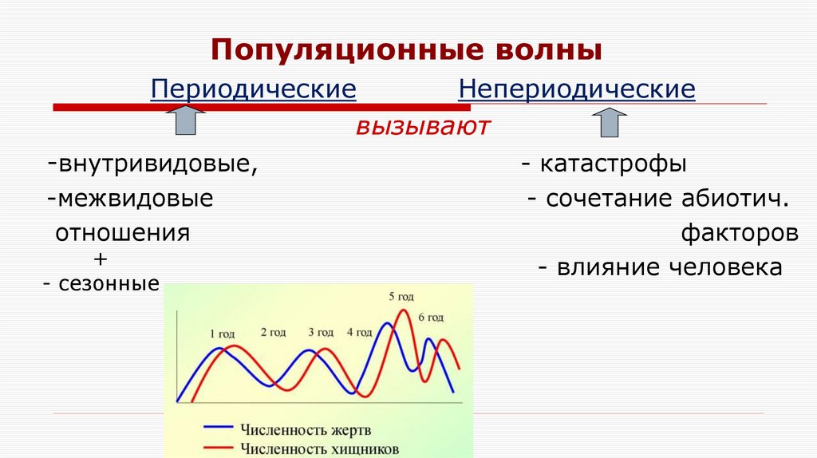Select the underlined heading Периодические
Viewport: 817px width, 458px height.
tap(253, 89)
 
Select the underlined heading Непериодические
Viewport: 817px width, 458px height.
tap(577, 89)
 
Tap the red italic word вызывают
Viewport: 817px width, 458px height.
tap(422, 126)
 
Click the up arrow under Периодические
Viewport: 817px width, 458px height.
tap(184, 123)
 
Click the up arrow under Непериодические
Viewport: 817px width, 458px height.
tap(610, 123)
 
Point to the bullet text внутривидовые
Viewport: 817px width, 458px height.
tap(156, 165)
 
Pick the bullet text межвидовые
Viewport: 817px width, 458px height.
tap(133, 199)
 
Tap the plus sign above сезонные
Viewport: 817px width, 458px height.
tap(100, 259)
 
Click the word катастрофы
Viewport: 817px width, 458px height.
tap(613, 165)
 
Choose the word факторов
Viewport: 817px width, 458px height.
tap(740, 234)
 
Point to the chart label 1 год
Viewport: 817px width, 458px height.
tap(222, 334)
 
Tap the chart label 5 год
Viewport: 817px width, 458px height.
tap(402, 296)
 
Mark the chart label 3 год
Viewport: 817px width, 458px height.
tap(320, 332)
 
